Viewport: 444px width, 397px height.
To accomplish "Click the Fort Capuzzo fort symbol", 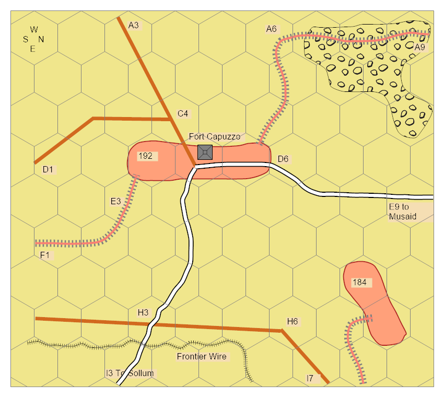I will pyautogui.click(x=205, y=152).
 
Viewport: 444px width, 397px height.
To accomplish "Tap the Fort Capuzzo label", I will pyautogui.click(x=215, y=137).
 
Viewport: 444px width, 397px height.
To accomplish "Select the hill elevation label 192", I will pyautogui.click(x=145, y=156).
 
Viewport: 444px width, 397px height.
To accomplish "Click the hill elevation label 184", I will pyautogui.click(x=359, y=283).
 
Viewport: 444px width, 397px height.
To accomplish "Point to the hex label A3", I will pyautogui.click(x=133, y=25).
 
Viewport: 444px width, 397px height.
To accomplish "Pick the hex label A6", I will pyautogui.click(x=271, y=29).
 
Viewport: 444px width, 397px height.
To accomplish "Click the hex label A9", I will pyautogui.click(x=420, y=47).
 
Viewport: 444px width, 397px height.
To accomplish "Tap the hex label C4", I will pyautogui.click(x=183, y=113).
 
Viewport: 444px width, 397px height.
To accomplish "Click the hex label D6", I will pyautogui.click(x=283, y=158).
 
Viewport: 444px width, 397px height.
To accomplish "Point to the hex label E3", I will pyautogui.click(x=116, y=201).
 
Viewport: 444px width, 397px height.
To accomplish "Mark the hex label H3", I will pyautogui.click(x=143, y=312).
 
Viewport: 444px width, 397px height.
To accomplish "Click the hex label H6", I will pyautogui.click(x=293, y=321).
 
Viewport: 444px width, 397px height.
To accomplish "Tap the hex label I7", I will pyautogui.click(x=310, y=378).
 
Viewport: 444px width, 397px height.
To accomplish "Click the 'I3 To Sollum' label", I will pyautogui.click(x=130, y=373).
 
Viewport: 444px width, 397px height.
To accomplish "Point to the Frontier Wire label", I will pyautogui.click(x=202, y=357).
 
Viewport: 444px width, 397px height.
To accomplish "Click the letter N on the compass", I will pyautogui.click(x=41, y=39).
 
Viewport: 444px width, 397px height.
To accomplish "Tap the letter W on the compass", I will pyautogui.click(x=34, y=29).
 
